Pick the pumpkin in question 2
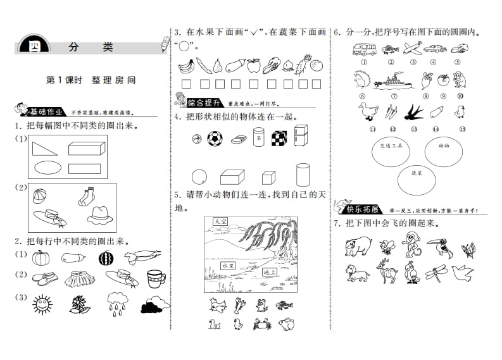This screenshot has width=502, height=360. point(41,257)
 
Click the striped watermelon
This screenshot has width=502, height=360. point(105,258)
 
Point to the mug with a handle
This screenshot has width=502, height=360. point(155,278)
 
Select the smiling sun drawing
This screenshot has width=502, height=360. point(42,305)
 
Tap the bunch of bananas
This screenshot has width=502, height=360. point(185,65)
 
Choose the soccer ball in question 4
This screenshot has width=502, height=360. point(215,138)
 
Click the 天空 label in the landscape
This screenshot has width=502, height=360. point(220,222)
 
